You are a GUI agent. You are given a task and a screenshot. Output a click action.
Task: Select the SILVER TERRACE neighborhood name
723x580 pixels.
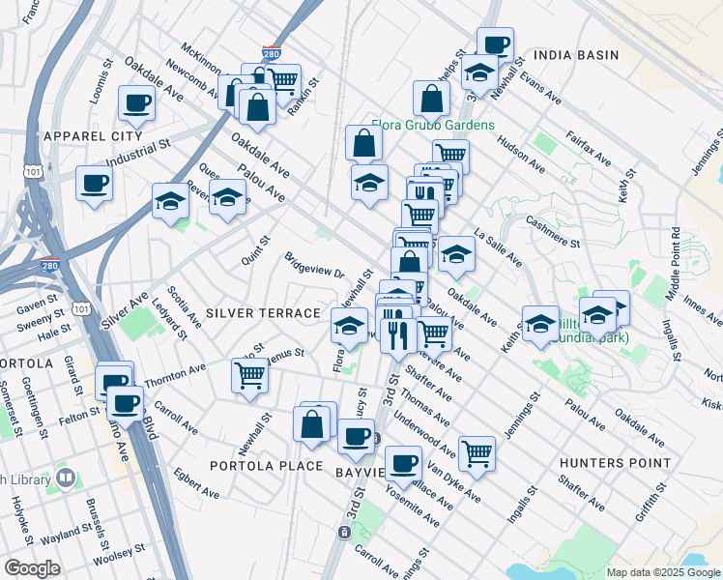(263, 313)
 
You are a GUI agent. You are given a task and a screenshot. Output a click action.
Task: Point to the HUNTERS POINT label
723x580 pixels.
(615, 463)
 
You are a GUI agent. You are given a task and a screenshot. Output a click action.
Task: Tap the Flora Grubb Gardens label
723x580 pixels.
(433, 126)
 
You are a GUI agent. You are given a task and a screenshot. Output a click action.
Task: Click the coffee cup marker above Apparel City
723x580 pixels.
(136, 103)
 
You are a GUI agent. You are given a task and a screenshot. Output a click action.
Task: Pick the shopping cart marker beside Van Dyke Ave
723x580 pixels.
(477, 450)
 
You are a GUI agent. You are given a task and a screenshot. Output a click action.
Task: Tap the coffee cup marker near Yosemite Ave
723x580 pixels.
(403, 461)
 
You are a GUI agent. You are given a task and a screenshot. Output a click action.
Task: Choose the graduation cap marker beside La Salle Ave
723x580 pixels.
(456, 254)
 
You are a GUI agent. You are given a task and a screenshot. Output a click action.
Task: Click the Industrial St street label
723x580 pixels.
(138, 154)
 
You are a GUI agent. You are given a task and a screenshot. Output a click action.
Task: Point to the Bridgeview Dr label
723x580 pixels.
(314, 265)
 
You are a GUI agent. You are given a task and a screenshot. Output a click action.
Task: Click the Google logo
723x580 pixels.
(32, 568)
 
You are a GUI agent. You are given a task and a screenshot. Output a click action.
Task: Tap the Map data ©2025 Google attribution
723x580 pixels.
(662, 572)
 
